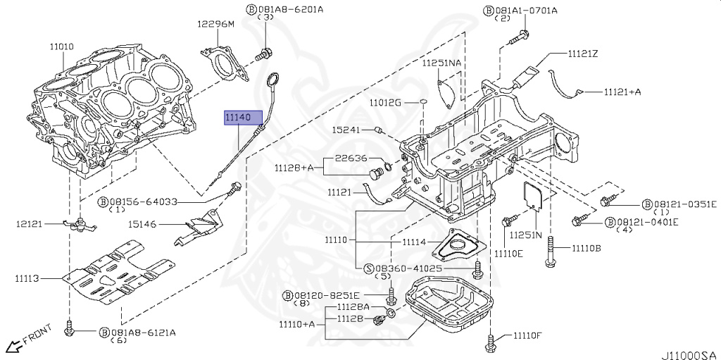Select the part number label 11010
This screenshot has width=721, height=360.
(61, 47)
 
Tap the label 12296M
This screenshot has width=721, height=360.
(215, 24)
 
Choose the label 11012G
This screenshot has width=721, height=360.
(385, 103)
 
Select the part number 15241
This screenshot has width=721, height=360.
(346, 130)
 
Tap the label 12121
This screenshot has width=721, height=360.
(30, 224)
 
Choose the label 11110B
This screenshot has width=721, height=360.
(586, 249)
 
